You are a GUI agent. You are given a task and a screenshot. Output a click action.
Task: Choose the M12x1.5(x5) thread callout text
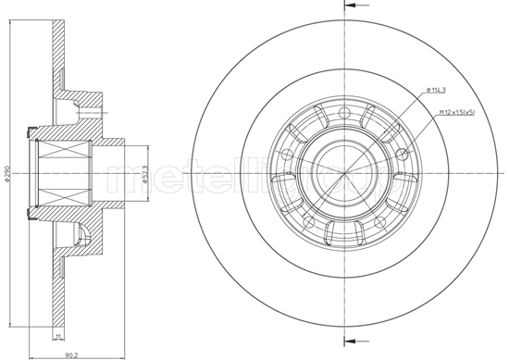click(x=456, y=114)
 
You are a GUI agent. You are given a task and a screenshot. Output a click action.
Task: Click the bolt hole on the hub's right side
click(x=401, y=154)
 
